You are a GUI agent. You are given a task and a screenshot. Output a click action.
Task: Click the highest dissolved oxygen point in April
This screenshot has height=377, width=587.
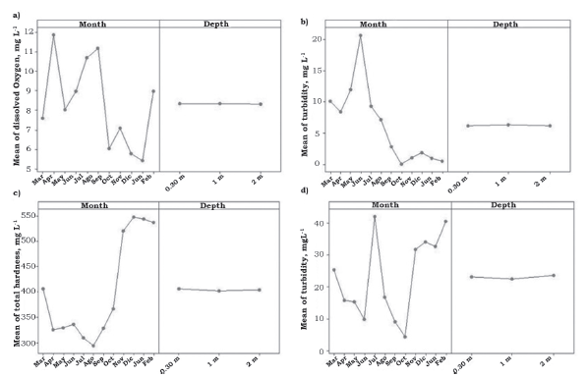pyautogui.click(x=54, y=35)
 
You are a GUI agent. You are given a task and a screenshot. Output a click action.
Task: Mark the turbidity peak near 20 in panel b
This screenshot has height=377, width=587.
pyautogui.click(x=361, y=35)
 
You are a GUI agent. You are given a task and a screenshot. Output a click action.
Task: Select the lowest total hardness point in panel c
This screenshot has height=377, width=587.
pyautogui.click(x=93, y=346)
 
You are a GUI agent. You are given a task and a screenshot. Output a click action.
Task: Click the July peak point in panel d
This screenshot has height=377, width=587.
pyautogui.click(x=375, y=216)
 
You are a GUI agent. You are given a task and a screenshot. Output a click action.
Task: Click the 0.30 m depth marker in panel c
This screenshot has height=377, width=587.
pyautogui.click(x=179, y=289)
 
